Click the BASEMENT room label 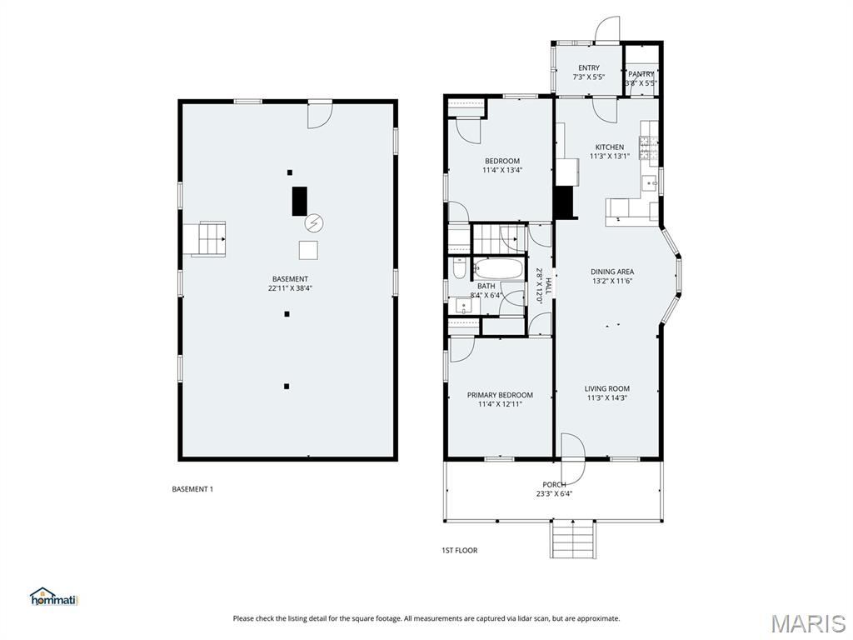[x=290, y=279]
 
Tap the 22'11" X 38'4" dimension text [x=290, y=288]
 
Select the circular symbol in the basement [x=314, y=222]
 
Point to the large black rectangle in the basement [x=299, y=201]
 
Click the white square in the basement [x=308, y=250]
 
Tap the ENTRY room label [x=588, y=68]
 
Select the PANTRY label [x=641, y=74]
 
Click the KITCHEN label [x=609, y=147]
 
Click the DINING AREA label [x=612, y=272]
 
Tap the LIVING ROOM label [x=606, y=388]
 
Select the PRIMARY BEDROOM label [x=500, y=395]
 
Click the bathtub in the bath [x=498, y=269]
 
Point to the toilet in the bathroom [x=459, y=268]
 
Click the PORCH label [x=554, y=484]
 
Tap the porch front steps [x=572, y=538]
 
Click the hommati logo [x=53, y=597]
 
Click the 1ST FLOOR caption [x=459, y=550]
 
